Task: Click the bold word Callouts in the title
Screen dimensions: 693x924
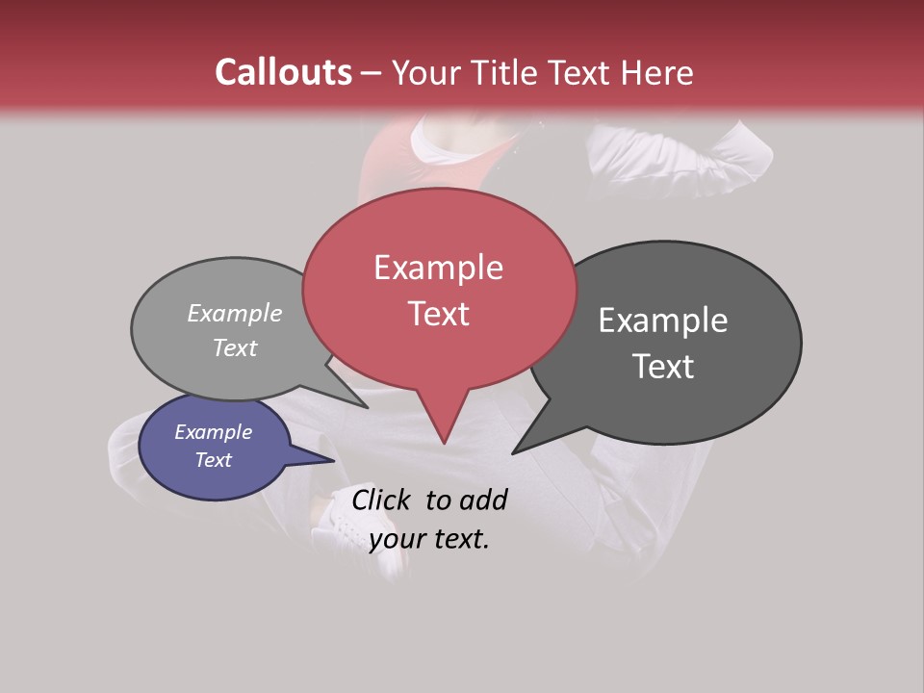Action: [283, 72]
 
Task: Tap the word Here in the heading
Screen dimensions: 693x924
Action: [658, 72]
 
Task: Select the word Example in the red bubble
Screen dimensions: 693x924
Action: [438, 268]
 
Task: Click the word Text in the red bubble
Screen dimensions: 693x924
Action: [438, 314]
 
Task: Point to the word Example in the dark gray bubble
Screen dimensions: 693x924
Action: [663, 321]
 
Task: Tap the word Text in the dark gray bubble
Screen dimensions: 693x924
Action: [663, 367]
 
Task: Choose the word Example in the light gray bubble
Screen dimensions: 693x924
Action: [235, 313]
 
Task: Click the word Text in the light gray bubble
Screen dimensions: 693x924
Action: [235, 347]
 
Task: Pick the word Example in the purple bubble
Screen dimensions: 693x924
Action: [213, 432]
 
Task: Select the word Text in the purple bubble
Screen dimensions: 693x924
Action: [213, 460]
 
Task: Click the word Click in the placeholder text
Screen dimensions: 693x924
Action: [381, 500]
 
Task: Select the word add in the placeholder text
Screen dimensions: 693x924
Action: [483, 500]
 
